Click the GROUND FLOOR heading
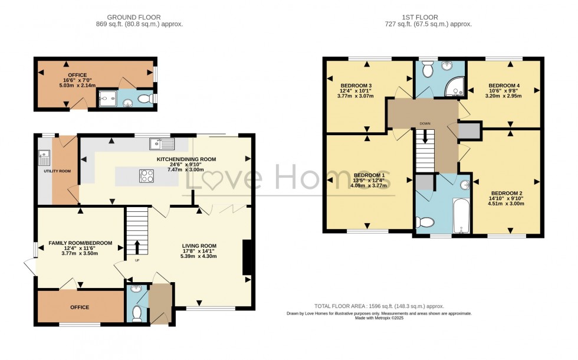point(139,17)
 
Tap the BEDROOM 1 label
point(369,175)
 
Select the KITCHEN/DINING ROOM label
point(186,159)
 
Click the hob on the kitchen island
point(146,176)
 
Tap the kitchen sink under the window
point(161,142)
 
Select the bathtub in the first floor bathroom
point(460,216)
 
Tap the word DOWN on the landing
point(425,123)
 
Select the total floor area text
point(379,306)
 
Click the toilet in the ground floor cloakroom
point(136,313)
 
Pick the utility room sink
point(43,158)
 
